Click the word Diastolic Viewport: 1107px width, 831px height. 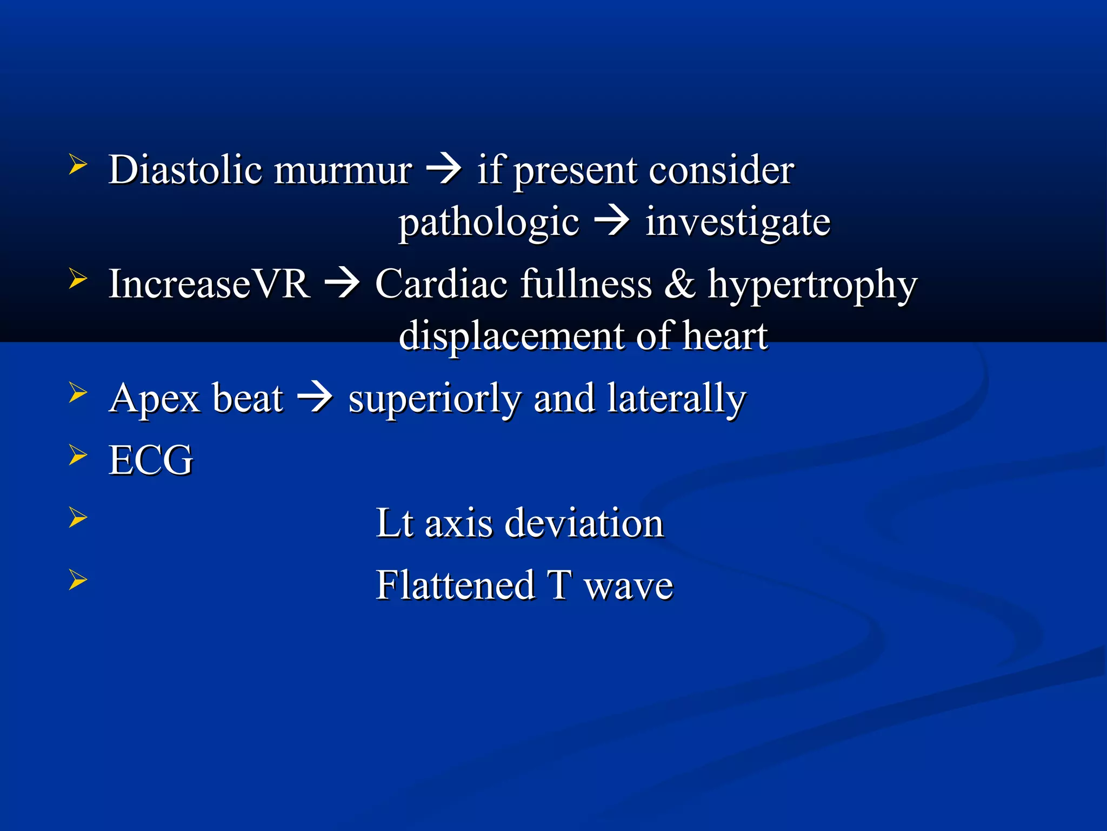(185, 170)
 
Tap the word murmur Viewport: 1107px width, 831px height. (343, 171)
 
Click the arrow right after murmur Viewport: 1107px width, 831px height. (444, 170)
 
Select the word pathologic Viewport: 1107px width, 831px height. (489, 223)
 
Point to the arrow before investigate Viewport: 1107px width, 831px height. (611, 221)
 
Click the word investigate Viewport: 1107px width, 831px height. (738, 223)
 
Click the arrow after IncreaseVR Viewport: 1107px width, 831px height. (342, 283)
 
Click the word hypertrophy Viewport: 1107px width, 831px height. (812, 286)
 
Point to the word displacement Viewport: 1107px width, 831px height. (511, 337)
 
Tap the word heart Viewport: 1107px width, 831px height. (725, 335)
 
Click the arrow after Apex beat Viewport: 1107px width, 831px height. (315, 398)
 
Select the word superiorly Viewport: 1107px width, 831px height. (435, 400)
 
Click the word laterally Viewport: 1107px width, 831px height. (676, 400)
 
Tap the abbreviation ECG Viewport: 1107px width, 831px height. (151, 460)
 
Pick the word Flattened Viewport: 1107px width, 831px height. (455, 585)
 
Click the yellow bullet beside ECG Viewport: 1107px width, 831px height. (78, 456)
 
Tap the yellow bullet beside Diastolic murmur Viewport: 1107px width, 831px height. (78, 164)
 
